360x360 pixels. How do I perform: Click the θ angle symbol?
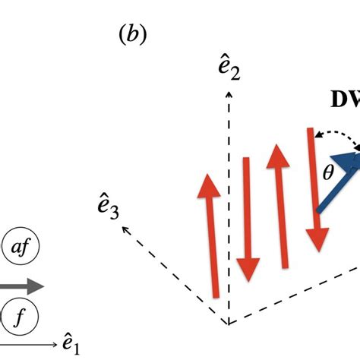[x=328, y=174]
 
